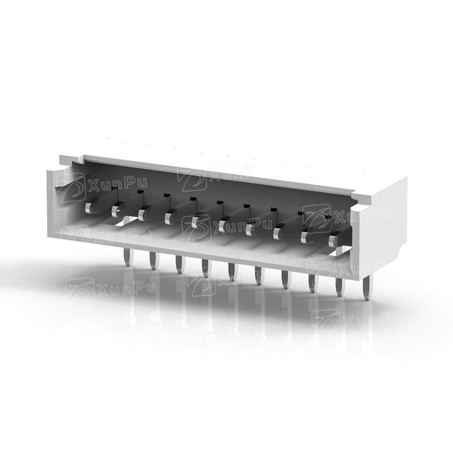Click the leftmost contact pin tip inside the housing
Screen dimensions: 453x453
89,207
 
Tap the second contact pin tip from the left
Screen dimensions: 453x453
116,211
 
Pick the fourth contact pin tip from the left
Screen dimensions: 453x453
168,219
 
